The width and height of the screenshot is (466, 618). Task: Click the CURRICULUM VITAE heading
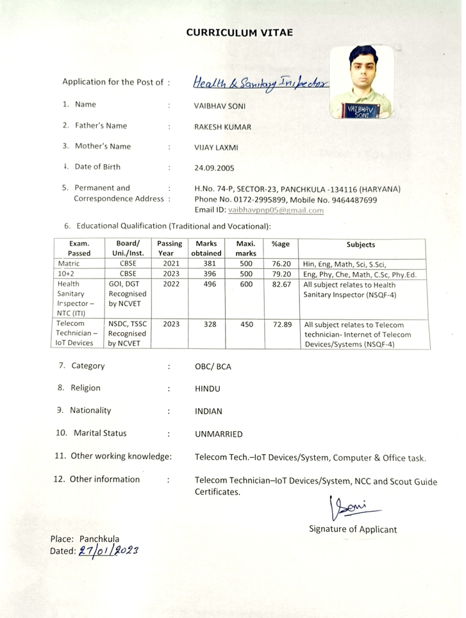tap(239, 32)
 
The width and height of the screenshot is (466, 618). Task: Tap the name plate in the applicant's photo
tap(362, 111)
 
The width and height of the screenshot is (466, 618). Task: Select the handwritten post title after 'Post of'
tap(260, 83)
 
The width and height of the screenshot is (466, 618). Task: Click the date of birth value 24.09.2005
tap(214, 168)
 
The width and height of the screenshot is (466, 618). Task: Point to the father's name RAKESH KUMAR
tap(222, 127)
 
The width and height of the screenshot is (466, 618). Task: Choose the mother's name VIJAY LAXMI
tap(216, 147)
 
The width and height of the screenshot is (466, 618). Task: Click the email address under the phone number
tap(276, 210)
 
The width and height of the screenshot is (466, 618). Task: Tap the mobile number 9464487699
tap(351, 200)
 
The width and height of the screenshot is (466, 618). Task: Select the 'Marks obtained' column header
tap(206, 248)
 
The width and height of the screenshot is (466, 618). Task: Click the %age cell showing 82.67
tap(281, 284)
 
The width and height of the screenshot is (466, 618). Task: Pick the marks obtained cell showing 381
tap(210, 264)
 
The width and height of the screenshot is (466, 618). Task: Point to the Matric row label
tap(69, 264)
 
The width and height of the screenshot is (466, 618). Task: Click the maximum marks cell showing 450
tap(246, 324)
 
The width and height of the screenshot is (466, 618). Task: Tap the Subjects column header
tap(361, 245)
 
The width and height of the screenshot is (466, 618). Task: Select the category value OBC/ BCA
tap(213, 367)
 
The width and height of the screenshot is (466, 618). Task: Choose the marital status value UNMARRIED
tap(219, 434)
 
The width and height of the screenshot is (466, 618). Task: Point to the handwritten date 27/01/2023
tap(108, 550)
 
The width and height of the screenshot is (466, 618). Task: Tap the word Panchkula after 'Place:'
tap(99, 539)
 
